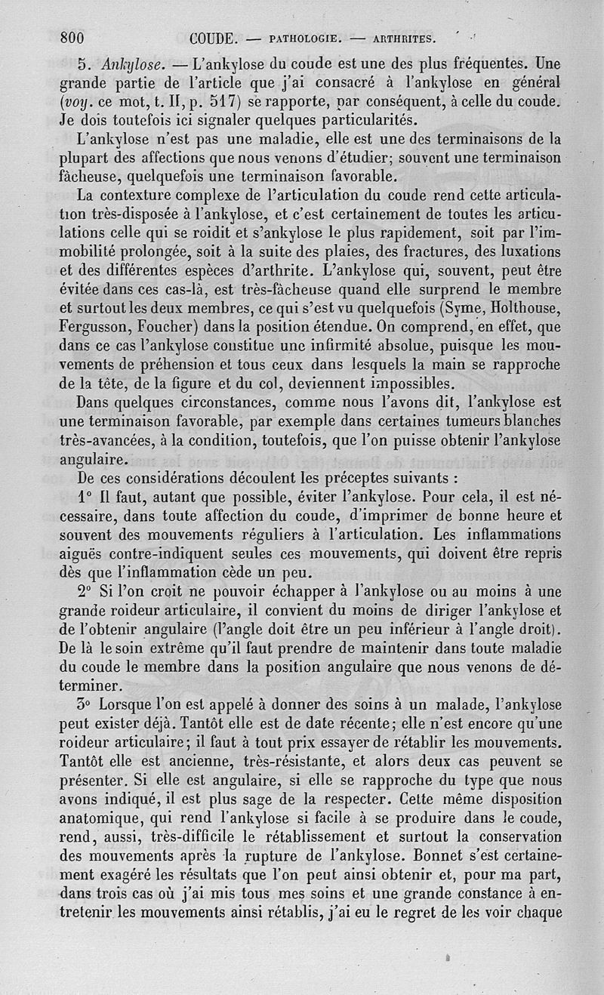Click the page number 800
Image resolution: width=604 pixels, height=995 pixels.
point(71,38)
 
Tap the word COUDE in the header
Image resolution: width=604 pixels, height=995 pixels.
point(215,38)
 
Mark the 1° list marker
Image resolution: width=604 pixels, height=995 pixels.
point(85,498)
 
